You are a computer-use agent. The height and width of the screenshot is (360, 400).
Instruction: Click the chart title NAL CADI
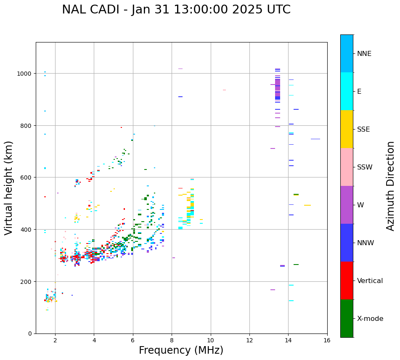176,10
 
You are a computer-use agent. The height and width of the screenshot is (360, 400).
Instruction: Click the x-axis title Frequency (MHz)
181,350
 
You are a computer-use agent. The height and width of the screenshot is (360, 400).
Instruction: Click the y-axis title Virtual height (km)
9,188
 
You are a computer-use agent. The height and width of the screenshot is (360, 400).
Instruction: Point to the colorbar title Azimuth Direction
390,185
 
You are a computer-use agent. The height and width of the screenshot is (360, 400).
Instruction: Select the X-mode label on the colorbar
370,318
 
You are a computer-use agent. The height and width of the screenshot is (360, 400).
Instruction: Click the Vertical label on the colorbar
370,281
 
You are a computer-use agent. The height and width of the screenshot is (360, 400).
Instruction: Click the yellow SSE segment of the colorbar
347,129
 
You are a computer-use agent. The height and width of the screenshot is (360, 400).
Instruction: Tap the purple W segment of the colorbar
347,205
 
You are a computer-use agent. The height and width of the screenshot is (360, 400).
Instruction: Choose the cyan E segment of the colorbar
347,91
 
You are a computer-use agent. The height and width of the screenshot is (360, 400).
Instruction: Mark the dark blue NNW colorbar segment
347,243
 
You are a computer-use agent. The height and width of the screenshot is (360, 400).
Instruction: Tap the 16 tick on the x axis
327,341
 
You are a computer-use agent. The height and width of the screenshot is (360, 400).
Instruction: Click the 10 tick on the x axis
210,341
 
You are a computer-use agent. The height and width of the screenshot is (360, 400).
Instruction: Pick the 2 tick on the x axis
55,341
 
